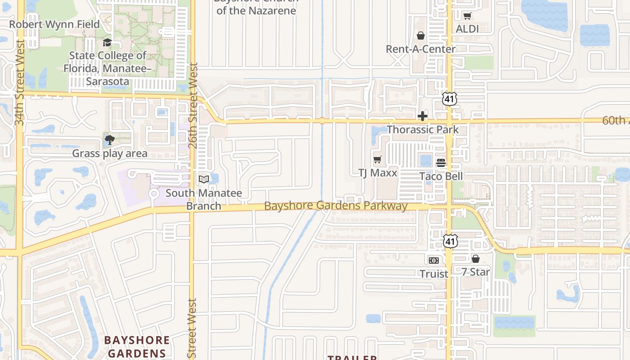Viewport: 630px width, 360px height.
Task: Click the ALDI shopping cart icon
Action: tap(467, 16)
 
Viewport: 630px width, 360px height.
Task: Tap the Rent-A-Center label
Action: tap(420, 49)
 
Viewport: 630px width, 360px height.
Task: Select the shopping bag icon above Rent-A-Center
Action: tap(421, 35)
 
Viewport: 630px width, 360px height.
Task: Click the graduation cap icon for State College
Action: tap(107, 43)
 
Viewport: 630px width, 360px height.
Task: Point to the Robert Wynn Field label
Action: tap(54, 24)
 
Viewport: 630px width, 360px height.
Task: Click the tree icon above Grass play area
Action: tap(109, 140)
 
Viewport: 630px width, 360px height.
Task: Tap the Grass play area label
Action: tap(110, 153)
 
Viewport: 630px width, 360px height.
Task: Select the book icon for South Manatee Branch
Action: tap(204, 179)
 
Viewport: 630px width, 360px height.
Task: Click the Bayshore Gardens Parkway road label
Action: tap(336, 206)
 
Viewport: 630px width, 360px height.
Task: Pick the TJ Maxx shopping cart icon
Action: tap(378, 159)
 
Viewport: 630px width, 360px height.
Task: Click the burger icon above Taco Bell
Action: tap(441, 163)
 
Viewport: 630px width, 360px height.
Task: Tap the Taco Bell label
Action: tap(441, 176)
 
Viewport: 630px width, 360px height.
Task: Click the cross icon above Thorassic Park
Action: tap(422, 116)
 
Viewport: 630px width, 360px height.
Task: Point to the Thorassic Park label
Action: tap(423, 130)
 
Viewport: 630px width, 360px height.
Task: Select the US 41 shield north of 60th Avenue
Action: tap(450, 99)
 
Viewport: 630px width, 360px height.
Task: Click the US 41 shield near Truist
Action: tap(450, 241)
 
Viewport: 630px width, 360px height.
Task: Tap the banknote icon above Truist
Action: tap(434, 260)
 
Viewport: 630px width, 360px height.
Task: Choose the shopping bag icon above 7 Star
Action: tap(476, 259)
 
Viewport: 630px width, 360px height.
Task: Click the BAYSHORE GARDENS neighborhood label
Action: tap(137, 346)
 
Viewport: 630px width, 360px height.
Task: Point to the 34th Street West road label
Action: tap(20, 82)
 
